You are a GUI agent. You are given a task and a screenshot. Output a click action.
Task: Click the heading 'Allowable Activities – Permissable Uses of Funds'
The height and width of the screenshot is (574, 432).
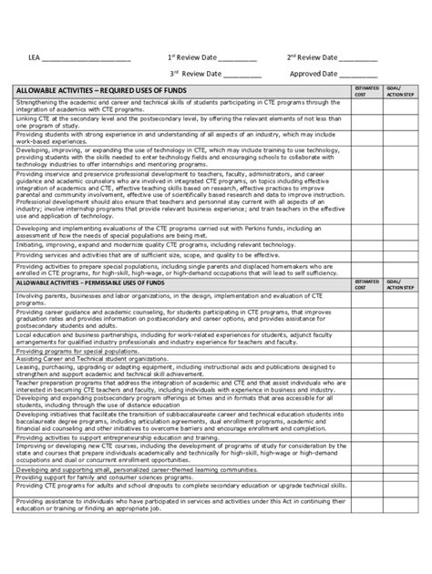click(105, 283)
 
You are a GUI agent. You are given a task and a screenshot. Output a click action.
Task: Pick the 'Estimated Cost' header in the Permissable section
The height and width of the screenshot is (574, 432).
click(366, 283)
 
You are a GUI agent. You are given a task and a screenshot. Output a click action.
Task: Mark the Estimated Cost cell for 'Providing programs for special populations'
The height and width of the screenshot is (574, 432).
click(366, 350)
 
